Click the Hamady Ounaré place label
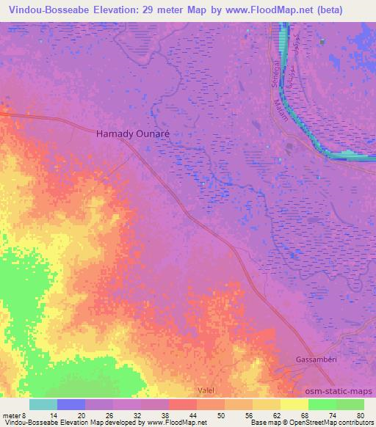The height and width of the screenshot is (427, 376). [133, 134]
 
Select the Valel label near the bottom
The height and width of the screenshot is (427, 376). [206, 391]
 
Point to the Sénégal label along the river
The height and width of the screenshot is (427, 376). [274, 75]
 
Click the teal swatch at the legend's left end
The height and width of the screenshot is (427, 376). [43, 404]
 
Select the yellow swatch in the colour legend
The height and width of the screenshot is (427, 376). [294, 404]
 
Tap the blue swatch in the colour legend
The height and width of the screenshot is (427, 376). [71, 404]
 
